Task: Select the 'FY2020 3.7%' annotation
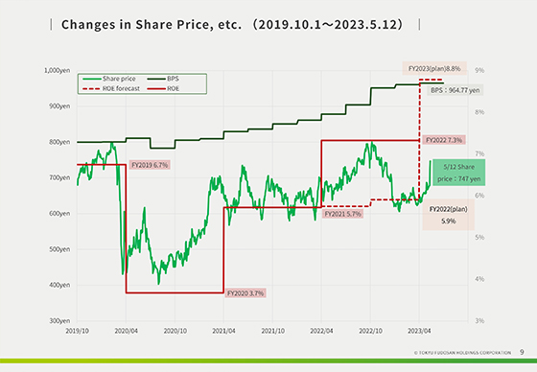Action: [245, 292]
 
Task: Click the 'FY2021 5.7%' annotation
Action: [343, 215]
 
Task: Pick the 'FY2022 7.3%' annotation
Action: [442, 140]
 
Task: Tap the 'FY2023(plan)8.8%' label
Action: [433, 69]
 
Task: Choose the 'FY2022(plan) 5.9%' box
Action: [448, 214]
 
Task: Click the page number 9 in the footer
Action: [522, 352]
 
